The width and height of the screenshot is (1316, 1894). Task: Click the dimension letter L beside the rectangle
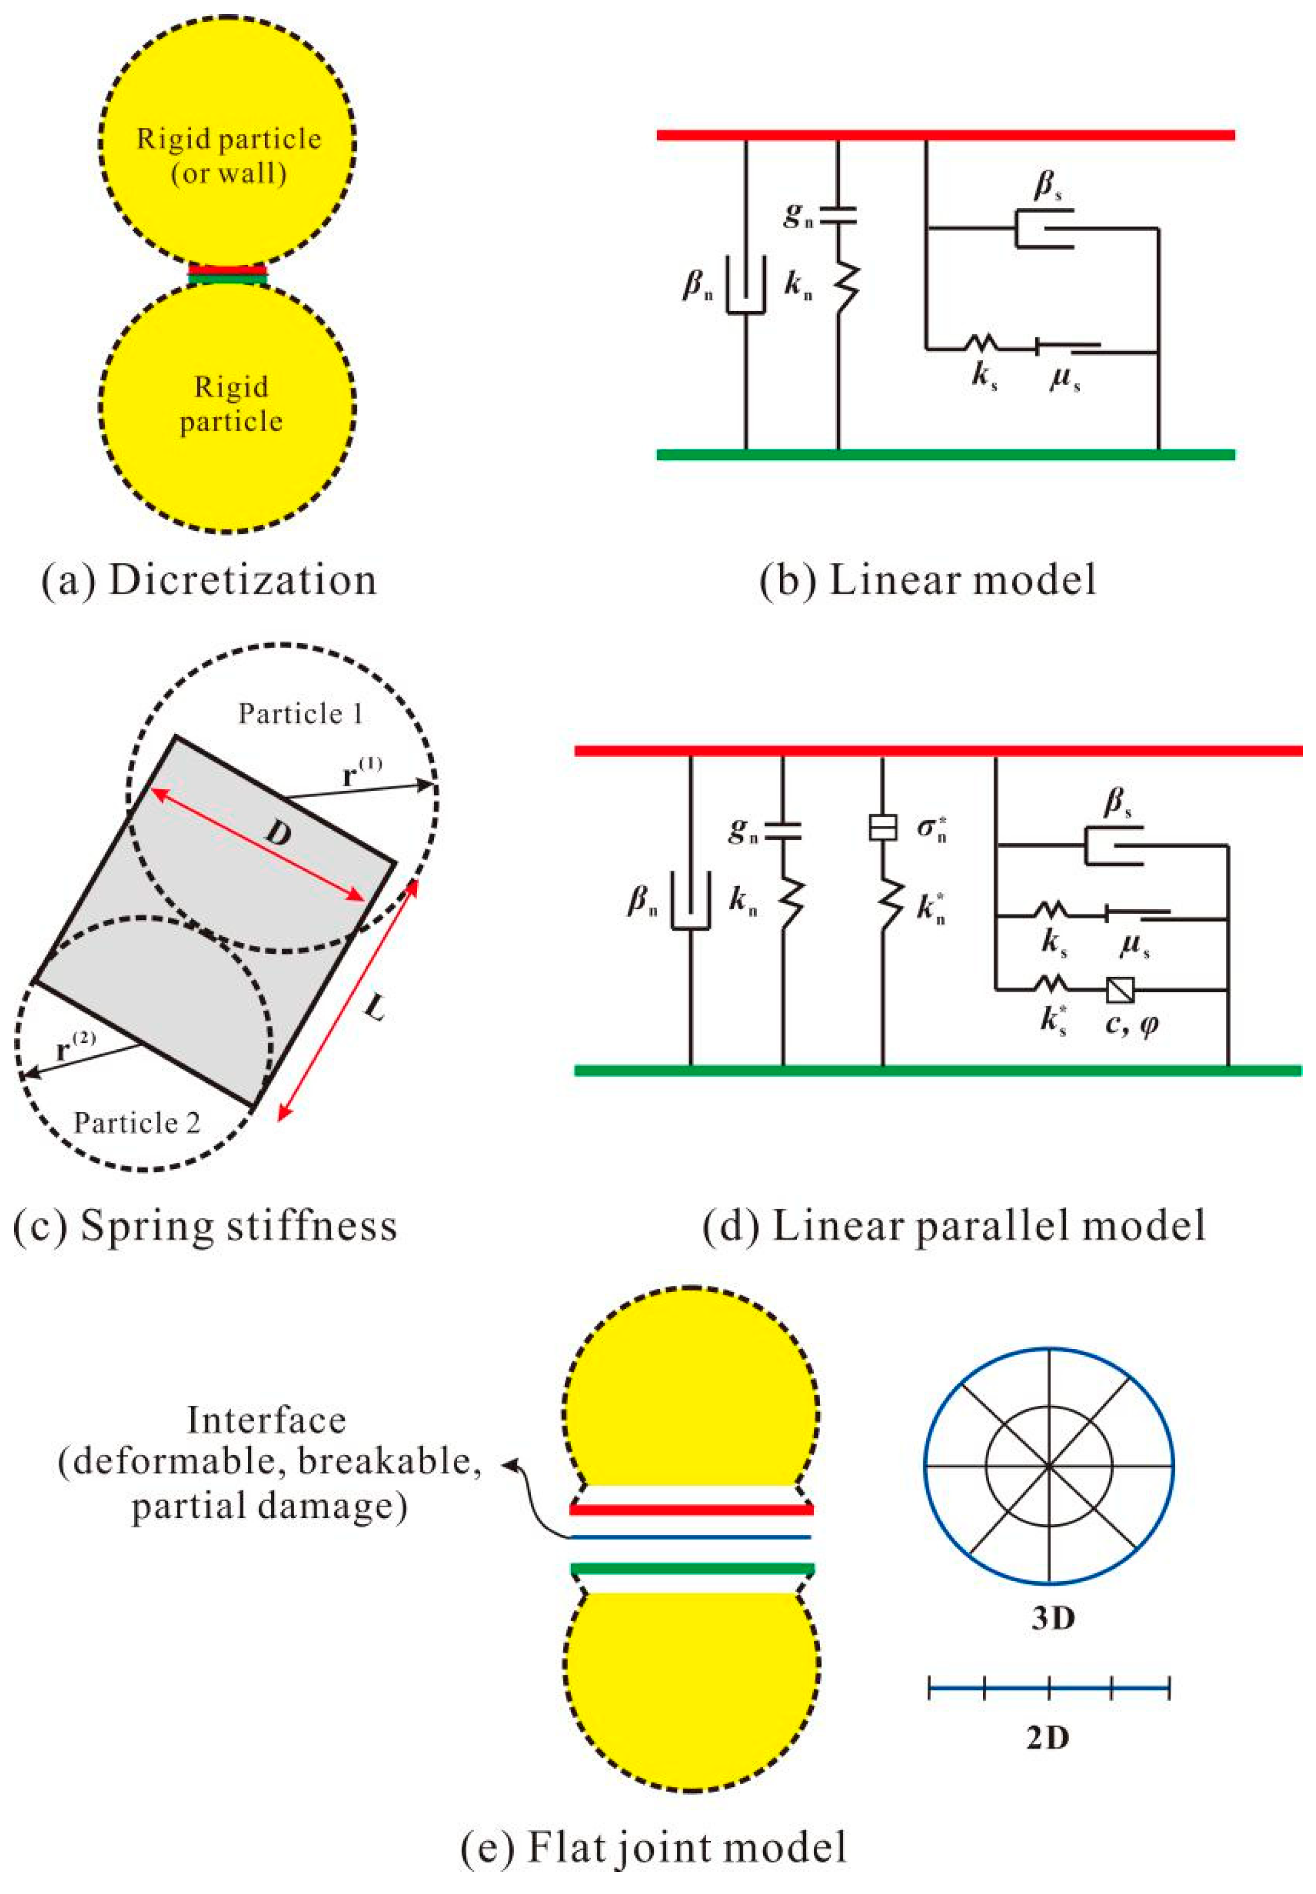375,1008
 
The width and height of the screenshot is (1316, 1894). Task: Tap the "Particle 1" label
300,713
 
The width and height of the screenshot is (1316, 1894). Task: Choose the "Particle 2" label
137,1122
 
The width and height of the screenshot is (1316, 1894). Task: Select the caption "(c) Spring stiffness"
205,1225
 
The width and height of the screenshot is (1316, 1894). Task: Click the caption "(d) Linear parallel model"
954,1225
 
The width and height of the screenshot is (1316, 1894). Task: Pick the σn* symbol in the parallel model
932,828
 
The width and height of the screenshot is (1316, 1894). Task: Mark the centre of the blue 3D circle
1049,1465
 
